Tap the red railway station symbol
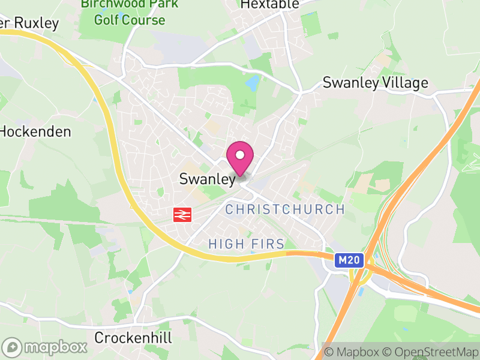tap(181, 214)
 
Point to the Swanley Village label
tap(376, 83)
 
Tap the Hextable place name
tap(269, 4)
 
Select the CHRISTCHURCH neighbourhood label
tap(285, 209)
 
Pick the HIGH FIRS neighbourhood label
tap(246, 244)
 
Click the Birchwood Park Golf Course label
tap(130, 12)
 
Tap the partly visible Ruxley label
tap(30, 23)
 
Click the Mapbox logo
tap(45, 347)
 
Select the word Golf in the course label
tap(106, 20)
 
